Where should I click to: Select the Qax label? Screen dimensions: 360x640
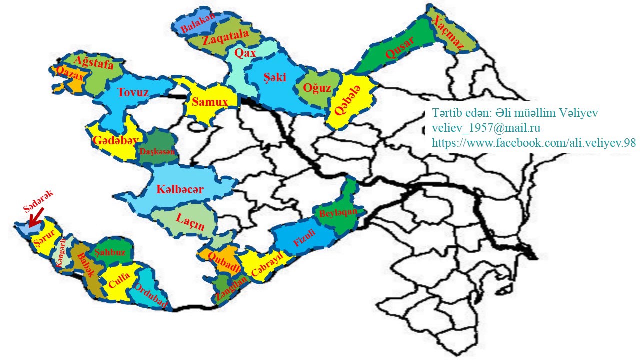(x=245, y=53)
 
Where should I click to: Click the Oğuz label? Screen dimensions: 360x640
(x=317, y=88)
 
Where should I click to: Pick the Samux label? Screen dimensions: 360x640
(x=210, y=102)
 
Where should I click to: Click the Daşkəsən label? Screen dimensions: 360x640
(x=158, y=151)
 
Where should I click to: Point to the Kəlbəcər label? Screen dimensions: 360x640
(x=180, y=190)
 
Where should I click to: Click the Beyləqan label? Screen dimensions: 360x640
(x=338, y=213)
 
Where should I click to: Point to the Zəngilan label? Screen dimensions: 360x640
(x=231, y=289)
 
